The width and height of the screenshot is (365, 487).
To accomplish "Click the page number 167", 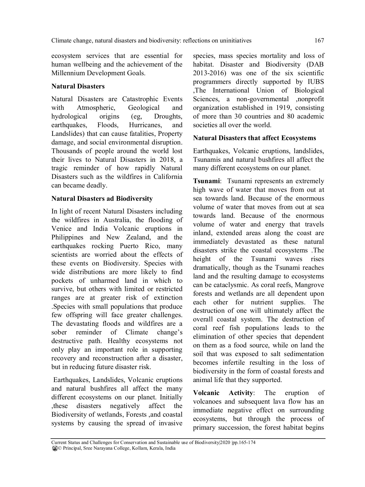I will coord(319,41).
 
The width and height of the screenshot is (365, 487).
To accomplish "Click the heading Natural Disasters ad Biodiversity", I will coord(102,199).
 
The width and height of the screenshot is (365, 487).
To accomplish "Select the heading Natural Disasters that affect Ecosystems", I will coord(254,138).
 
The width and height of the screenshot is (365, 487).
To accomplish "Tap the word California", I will coord(168,177).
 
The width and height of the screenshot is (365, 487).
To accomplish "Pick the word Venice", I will coord(61,229).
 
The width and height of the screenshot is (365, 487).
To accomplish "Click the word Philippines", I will coord(67,237).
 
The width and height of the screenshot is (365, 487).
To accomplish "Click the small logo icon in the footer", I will coord(54,448).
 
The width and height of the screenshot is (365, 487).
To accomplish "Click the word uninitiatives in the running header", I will coord(235,41).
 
